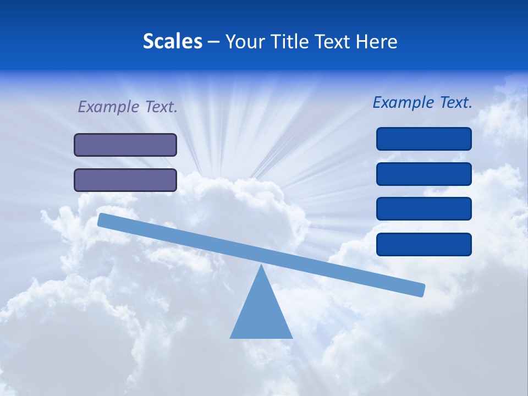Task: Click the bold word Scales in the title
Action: pyautogui.click(x=172, y=41)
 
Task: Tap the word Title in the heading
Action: pyautogui.click(x=293, y=41)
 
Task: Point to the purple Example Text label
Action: pyautogui.click(x=128, y=107)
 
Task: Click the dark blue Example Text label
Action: pyautogui.click(x=422, y=102)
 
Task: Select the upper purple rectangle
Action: pyautogui.click(x=125, y=145)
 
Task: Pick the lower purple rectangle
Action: pyautogui.click(x=125, y=180)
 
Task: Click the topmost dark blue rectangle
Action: pyautogui.click(x=424, y=139)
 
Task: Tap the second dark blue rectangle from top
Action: pyautogui.click(x=424, y=174)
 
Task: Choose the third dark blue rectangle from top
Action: pyautogui.click(x=424, y=209)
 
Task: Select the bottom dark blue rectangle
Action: pyautogui.click(x=424, y=244)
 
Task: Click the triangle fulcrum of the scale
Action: pyautogui.click(x=261, y=313)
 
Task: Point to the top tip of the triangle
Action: pyautogui.click(x=261, y=266)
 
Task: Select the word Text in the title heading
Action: pyautogui.click(x=335, y=41)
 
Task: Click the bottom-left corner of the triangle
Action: pyautogui.click(x=231, y=337)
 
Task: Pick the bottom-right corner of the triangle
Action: pyautogui.click(x=291, y=337)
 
